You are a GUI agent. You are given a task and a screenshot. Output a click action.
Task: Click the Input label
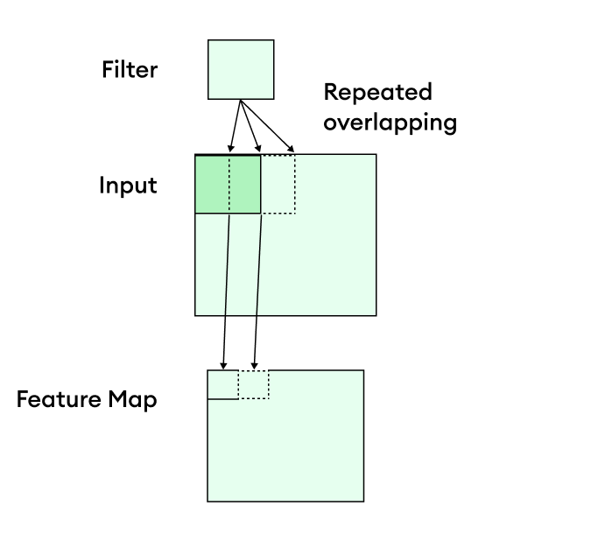pos(128,186)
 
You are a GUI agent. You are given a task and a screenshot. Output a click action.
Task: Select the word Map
pos(132,401)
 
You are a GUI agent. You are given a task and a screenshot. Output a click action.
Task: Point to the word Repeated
pos(377,93)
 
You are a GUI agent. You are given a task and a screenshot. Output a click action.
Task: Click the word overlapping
pos(390,122)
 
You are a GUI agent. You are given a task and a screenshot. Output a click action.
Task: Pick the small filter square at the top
pos(241,69)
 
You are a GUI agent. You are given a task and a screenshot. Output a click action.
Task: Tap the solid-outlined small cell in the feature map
pos(222,384)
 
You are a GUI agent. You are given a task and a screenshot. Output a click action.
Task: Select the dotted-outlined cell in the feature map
pos(254,384)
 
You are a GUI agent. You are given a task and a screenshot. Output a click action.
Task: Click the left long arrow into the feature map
pos(226,289)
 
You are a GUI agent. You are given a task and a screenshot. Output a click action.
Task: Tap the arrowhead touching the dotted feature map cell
pos(254,365)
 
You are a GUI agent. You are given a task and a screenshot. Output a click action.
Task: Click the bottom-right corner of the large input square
pos(376,314)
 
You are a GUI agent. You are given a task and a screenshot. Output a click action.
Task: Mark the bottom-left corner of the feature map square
pos(208,501)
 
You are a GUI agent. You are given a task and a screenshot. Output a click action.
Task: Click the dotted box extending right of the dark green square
pos(278,184)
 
